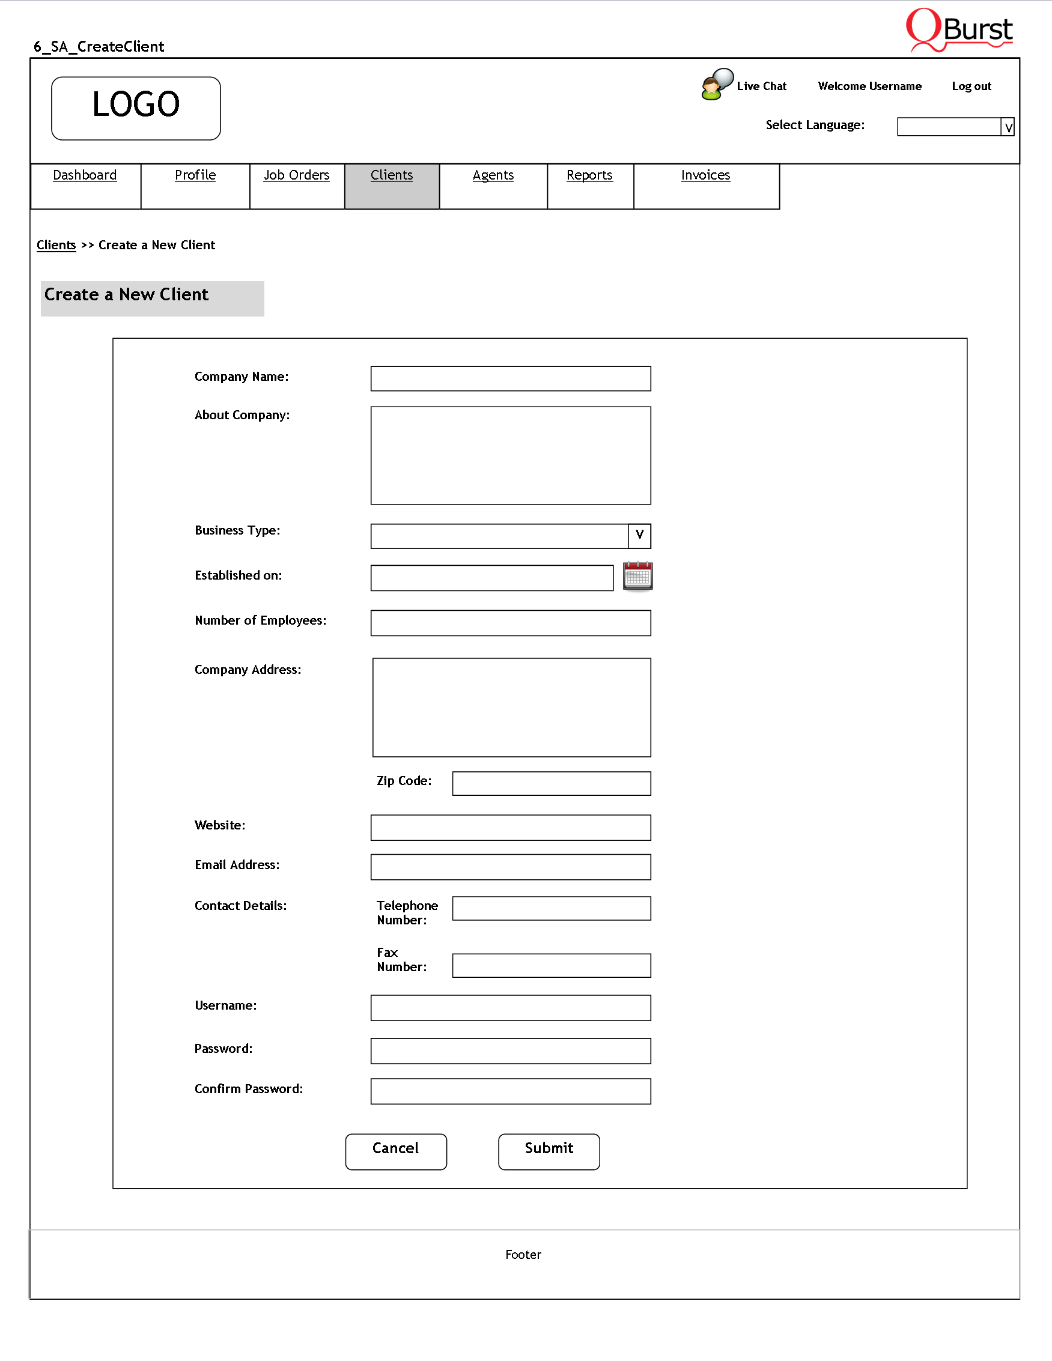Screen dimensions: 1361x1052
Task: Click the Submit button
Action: (x=549, y=1151)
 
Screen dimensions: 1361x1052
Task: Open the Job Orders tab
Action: (x=297, y=176)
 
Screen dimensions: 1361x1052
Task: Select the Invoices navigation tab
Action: (x=705, y=176)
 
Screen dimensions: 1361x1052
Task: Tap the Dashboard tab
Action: (x=85, y=176)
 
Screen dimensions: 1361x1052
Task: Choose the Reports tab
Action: (x=589, y=176)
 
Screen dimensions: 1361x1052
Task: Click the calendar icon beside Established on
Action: (x=637, y=576)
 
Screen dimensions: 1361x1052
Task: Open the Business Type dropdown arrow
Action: (x=639, y=535)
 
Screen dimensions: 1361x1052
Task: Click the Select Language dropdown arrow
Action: (x=1008, y=127)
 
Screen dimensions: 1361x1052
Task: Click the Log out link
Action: (x=971, y=86)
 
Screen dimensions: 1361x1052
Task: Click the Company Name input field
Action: (x=511, y=379)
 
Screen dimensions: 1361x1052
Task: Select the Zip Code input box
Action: (x=552, y=783)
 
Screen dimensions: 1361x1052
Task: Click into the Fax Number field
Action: (x=552, y=965)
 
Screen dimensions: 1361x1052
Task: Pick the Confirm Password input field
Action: (x=511, y=1091)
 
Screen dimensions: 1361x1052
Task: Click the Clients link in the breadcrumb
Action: (x=56, y=245)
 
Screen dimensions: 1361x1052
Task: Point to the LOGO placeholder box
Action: (x=136, y=109)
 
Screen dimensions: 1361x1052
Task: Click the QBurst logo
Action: (x=959, y=30)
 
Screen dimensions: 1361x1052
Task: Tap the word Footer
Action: (x=523, y=1255)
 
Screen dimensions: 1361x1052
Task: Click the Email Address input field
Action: (x=511, y=867)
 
